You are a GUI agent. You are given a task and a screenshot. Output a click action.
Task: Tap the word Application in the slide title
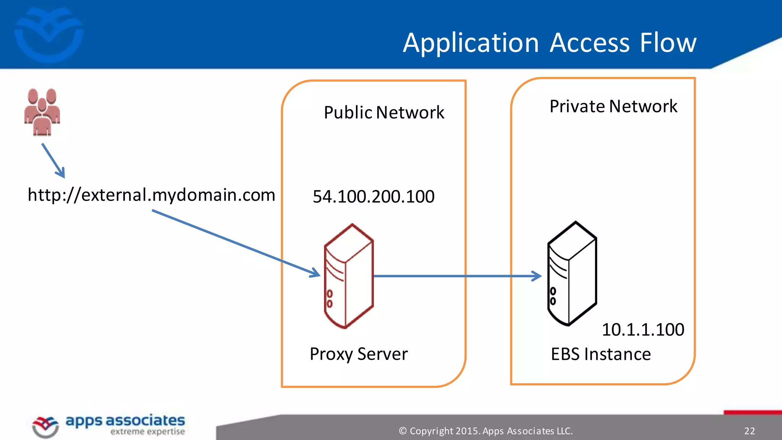tap(470, 43)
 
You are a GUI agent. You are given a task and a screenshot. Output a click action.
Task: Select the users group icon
tap(42, 112)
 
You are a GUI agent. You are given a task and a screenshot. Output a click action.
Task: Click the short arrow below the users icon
tap(53, 160)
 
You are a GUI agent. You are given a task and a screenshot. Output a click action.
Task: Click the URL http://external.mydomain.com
tap(151, 195)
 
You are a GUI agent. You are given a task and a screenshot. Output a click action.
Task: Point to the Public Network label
tap(384, 112)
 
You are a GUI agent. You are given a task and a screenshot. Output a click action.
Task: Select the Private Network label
tap(613, 106)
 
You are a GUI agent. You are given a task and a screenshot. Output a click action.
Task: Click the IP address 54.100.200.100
tap(373, 196)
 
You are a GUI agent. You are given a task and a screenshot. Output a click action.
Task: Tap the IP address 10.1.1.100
tap(643, 329)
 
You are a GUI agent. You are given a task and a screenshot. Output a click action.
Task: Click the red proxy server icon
tap(348, 276)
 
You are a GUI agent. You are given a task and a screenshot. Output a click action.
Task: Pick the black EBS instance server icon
tap(572, 273)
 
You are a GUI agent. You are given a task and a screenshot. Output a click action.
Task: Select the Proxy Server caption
tap(359, 354)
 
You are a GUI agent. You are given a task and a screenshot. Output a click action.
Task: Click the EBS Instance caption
tap(601, 354)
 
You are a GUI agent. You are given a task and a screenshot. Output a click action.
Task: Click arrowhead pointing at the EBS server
tap(538, 276)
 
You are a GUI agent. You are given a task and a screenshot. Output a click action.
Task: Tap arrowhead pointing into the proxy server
tap(316, 273)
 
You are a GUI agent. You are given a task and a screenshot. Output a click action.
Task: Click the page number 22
tap(749, 431)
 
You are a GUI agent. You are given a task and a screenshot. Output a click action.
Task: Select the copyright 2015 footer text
tap(486, 431)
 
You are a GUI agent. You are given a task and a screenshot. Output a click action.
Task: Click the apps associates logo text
tap(125, 420)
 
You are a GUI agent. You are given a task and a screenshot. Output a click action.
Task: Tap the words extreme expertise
tap(147, 432)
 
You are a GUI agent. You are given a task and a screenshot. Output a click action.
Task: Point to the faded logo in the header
tap(49, 35)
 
